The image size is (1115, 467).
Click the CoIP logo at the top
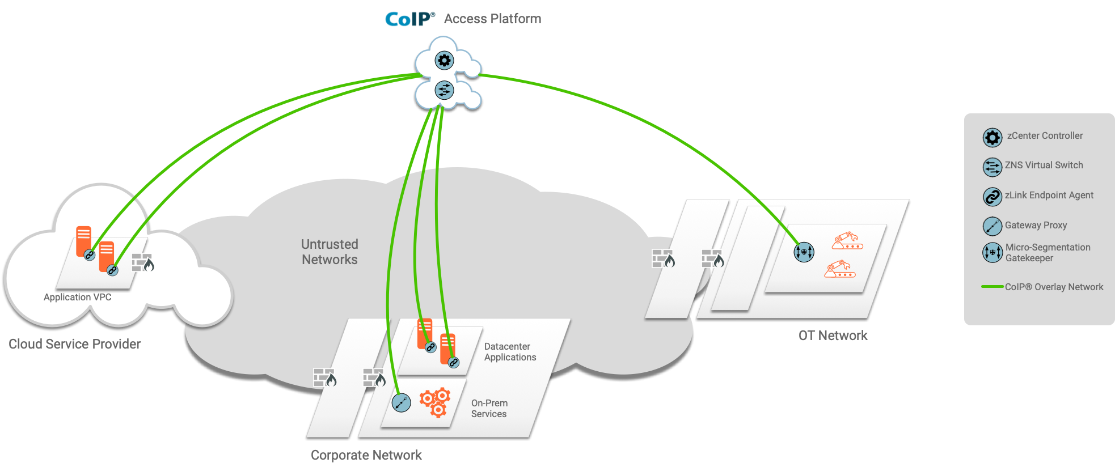(409, 19)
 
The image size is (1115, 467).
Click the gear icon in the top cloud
(444, 61)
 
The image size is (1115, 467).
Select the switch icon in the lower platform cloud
(444, 90)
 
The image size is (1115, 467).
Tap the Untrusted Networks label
(330, 252)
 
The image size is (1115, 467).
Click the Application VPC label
(77, 297)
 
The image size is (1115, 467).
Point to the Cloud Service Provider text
(74, 344)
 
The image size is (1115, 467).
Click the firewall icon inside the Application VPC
(143, 262)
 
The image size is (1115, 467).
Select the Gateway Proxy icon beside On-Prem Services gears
(401, 403)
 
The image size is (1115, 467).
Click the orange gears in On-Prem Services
(435, 402)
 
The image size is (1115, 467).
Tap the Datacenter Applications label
(510, 352)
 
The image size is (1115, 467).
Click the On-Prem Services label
(489, 409)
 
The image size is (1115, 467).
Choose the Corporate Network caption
(366, 455)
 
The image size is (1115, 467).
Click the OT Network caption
(833, 336)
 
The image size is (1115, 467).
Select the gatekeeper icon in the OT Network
(804, 252)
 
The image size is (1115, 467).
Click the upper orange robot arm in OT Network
(847, 241)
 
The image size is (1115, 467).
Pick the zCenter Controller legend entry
(1044, 136)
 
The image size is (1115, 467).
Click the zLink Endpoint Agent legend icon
(992, 197)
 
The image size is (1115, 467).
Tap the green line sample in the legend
(992, 287)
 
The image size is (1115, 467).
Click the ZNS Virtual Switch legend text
(1044, 165)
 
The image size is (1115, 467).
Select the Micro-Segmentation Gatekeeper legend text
(1048, 253)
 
